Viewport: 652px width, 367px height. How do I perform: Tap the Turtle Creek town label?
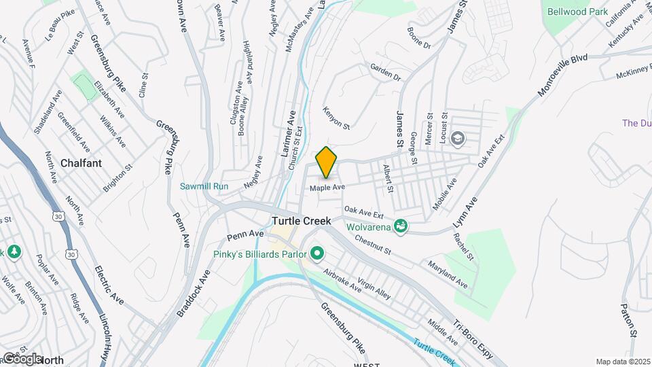coord(301,221)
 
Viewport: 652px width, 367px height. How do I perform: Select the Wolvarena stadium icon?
coord(401,224)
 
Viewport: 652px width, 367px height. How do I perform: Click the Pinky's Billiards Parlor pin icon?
coord(317,255)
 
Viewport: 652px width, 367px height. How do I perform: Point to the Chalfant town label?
coord(81,163)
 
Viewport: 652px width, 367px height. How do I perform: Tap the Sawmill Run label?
coord(204,186)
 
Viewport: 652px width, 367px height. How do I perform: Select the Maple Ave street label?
coord(327,187)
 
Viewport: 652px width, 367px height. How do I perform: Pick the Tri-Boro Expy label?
coord(473,336)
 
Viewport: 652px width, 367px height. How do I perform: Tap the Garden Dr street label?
coord(385,72)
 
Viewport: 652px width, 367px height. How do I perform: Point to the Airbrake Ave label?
coord(342,279)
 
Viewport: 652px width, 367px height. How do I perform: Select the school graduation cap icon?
coord(457,139)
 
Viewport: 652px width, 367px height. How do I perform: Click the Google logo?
coord(21,358)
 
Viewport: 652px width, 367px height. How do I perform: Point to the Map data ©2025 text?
coord(622,362)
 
